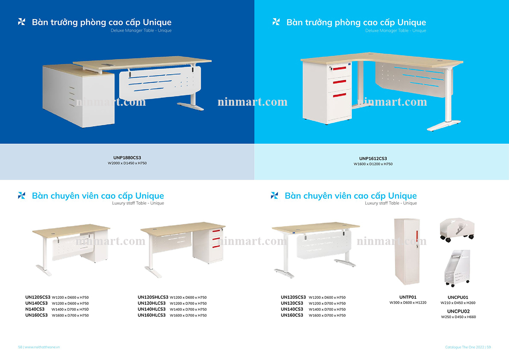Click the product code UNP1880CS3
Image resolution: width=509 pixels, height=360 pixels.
pyautogui.click(x=127, y=158)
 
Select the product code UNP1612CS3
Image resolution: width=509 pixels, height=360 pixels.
pyautogui.click(x=373, y=158)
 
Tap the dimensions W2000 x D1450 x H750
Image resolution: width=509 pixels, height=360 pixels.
pyautogui.click(x=127, y=163)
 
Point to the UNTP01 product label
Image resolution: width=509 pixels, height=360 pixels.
pyautogui.click(x=408, y=297)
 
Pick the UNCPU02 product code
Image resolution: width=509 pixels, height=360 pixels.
pyautogui.click(x=458, y=311)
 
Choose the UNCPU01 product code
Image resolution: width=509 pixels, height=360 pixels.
pyautogui.click(x=458, y=297)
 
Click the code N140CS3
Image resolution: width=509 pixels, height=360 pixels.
pyautogui.click(x=35, y=309)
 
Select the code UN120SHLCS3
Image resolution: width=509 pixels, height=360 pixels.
pyautogui.click(x=153, y=297)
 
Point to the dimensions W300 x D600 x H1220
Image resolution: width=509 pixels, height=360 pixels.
pyautogui.click(x=408, y=303)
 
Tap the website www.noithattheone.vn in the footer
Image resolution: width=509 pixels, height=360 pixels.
pyautogui.click(x=42, y=347)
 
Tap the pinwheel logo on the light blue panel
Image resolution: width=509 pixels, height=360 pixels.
pyautogui.click(x=276, y=22)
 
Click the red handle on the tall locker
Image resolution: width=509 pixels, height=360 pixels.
pyautogui.click(x=417, y=234)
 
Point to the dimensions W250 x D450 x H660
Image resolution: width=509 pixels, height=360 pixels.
pyautogui.click(x=458, y=317)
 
